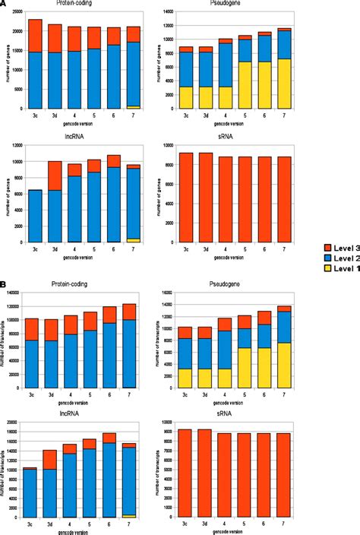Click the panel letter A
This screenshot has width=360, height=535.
[4, 3]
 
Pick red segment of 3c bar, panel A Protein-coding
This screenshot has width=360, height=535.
[35, 36]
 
